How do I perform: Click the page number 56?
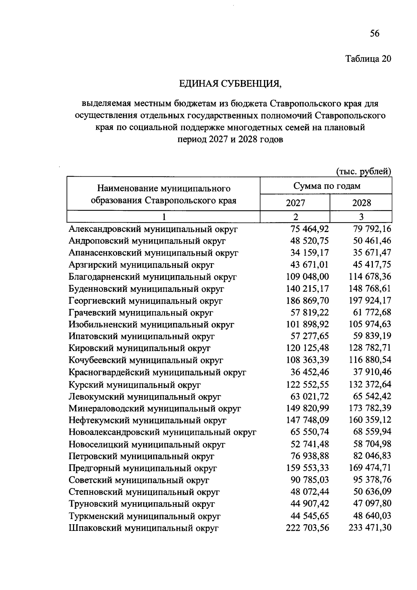click(x=375, y=33)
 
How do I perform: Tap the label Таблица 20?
click(x=368, y=59)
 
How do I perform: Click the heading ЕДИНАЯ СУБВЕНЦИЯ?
click(x=229, y=84)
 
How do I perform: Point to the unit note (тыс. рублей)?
click(x=363, y=171)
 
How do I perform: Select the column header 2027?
click(x=295, y=203)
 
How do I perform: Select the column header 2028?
click(x=361, y=203)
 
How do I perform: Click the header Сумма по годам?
click(x=326, y=186)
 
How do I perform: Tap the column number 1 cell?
click(x=163, y=217)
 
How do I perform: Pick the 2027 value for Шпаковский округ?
click(x=307, y=528)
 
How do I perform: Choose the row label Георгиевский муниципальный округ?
click(x=146, y=301)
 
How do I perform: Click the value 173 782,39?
click(x=370, y=408)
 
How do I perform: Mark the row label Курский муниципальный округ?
click(x=134, y=385)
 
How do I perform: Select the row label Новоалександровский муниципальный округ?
click(x=162, y=432)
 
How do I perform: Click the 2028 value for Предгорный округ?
click(x=370, y=468)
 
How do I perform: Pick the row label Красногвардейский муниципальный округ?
click(x=157, y=373)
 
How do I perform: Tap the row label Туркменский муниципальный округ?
click(x=145, y=516)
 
